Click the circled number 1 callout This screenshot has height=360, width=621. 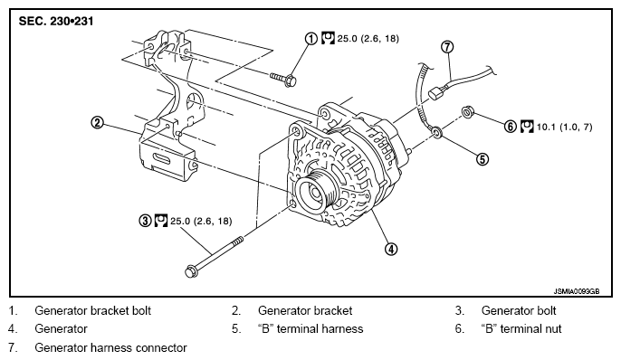pyautogui.click(x=310, y=38)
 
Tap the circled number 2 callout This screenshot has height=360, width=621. pyautogui.click(x=98, y=123)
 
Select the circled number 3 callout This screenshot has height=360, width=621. pyautogui.click(x=146, y=221)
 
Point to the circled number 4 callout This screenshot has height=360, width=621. pyautogui.click(x=390, y=249)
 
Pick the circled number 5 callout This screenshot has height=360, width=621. pyautogui.click(x=482, y=159)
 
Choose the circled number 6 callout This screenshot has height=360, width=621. pyautogui.click(x=511, y=127)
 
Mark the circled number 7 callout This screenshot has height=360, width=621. pyautogui.click(x=447, y=47)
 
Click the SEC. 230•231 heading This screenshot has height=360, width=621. pyautogui.click(x=56, y=21)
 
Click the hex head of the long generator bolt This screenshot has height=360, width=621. pyautogui.click(x=191, y=271)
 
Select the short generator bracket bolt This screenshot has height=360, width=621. pyautogui.click(x=283, y=79)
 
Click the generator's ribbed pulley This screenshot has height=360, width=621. pyautogui.click(x=316, y=192)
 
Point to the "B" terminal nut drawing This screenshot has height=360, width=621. pyautogui.click(x=467, y=112)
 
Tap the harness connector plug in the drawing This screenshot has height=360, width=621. pyautogui.click(x=435, y=92)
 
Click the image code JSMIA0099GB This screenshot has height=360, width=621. pyautogui.click(x=577, y=291)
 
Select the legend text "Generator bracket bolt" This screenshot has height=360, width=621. pyautogui.click(x=92, y=310)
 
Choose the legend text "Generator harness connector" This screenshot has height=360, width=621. pyautogui.click(x=110, y=347)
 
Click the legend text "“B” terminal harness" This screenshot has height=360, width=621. pyautogui.click(x=310, y=328)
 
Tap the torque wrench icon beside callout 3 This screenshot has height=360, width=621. pyautogui.click(x=161, y=221)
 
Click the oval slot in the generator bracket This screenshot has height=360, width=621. pyautogui.click(x=163, y=159)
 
